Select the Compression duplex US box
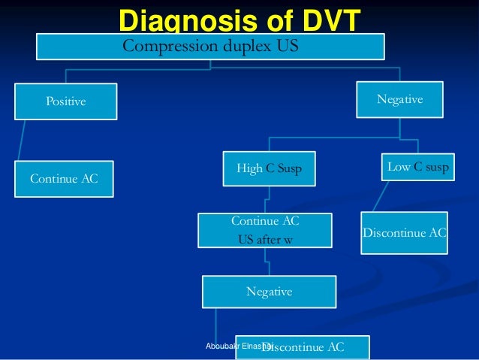click(211, 47)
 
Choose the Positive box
click(66, 101)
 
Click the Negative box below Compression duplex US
click(399, 99)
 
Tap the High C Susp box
click(268, 168)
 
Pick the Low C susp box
click(417, 167)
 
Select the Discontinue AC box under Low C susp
click(404, 233)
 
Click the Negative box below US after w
click(269, 291)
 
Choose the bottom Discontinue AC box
click(303, 346)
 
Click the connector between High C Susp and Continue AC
click(266, 198)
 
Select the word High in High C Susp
click(249, 168)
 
